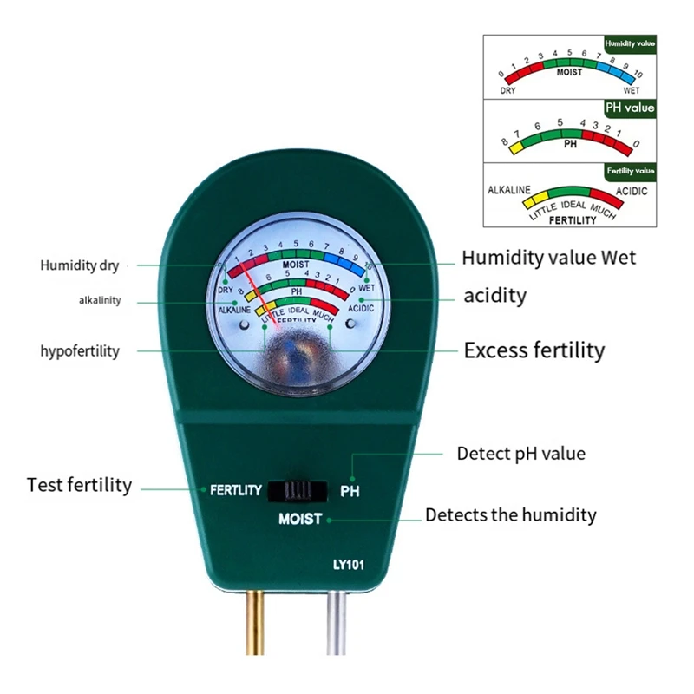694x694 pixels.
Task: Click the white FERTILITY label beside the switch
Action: click(235, 490)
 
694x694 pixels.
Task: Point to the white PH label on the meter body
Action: click(350, 491)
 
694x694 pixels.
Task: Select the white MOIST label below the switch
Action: click(300, 520)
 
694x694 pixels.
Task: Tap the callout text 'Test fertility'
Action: click(79, 485)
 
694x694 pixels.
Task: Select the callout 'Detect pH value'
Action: click(520, 453)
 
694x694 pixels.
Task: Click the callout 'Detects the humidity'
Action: click(510, 514)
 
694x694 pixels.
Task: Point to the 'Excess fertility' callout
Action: click(534, 350)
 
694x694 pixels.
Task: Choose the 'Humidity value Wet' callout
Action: click(548, 257)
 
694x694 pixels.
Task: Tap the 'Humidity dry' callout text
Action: click(79, 265)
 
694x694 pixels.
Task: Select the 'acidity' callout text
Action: click(494, 296)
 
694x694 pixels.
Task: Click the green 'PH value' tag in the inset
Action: click(630, 108)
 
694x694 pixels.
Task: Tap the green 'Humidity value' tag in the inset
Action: click(630, 42)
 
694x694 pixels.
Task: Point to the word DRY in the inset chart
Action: click(508, 89)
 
